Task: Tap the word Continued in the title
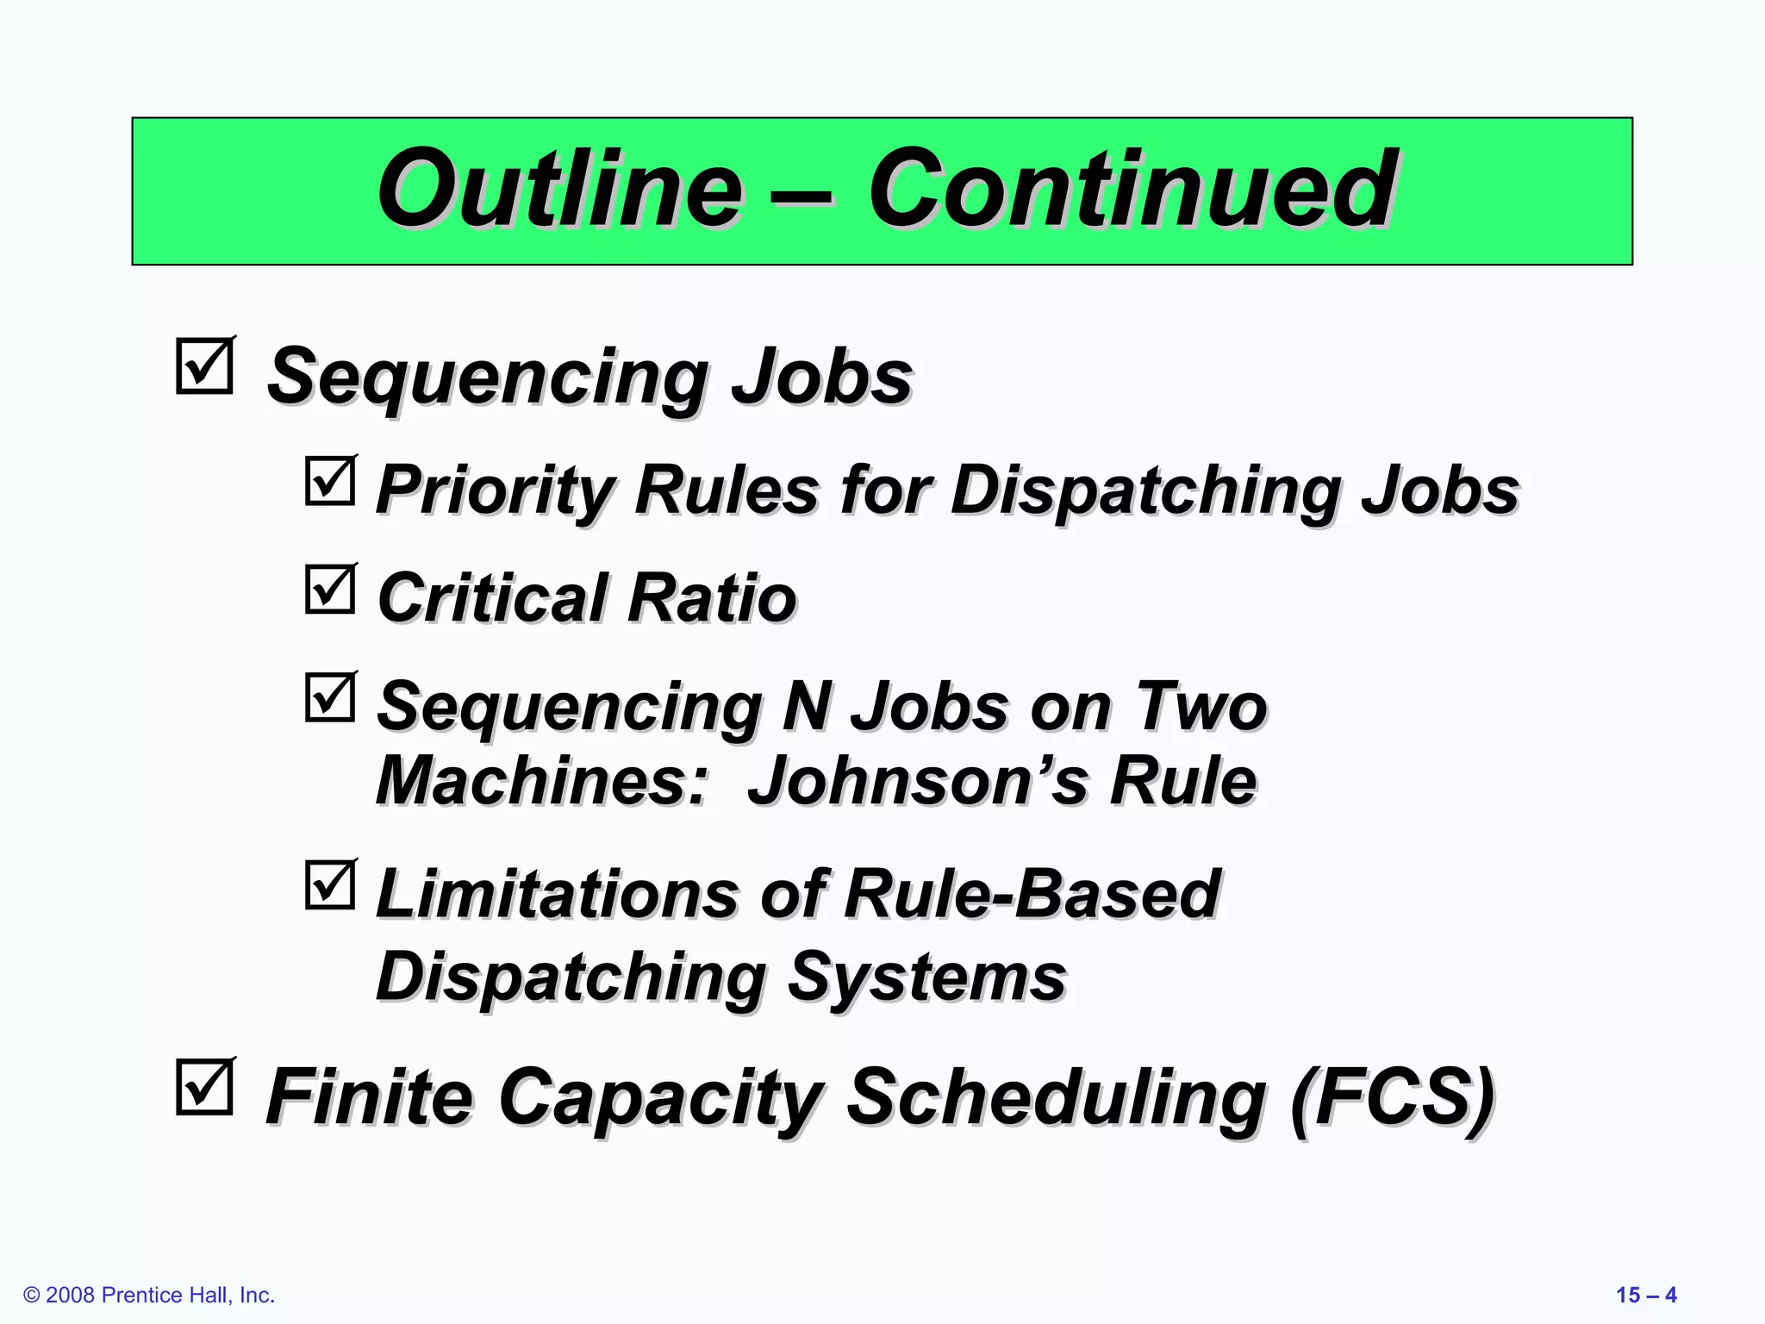tap(1131, 188)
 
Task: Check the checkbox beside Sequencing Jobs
tap(204, 366)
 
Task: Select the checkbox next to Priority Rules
tap(330, 481)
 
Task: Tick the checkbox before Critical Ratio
tap(330, 589)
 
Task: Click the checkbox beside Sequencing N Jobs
tap(330, 697)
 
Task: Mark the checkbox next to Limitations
tap(330, 885)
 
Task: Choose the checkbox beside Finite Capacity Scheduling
tap(204, 1087)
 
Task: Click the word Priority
tap(496, 491)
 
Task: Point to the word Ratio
tap(712, 598)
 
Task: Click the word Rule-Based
tap(1032, 894)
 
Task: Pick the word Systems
tap(926, 978)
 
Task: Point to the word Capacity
tap(661, 1096)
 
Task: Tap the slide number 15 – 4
tap(1645, 1295)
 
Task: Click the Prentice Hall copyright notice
tap(149, 1295)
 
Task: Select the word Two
tap(1201, 707)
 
